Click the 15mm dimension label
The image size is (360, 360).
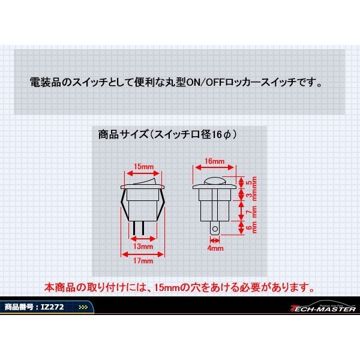pyautogui.click(x=142, y=166)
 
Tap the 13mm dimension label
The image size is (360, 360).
pyautogui.click(x=142, y=246)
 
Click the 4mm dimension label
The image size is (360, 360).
pyautogui.click(x=215, y=247)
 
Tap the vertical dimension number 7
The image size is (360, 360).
pyautogui.click(x=249, y=212)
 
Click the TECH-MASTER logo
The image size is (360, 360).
pyautogui.click(x=323, y=308)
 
